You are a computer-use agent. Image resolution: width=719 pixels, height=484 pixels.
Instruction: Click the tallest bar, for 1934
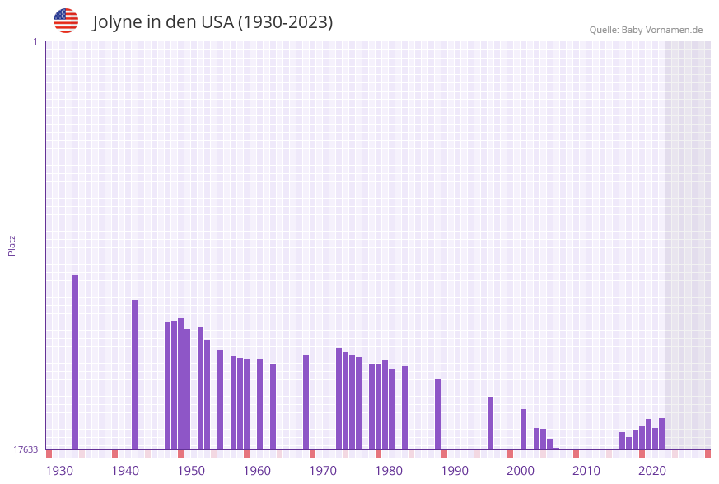[x=75, y=362]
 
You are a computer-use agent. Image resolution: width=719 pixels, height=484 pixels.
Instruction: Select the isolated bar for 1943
[x=134, y=374]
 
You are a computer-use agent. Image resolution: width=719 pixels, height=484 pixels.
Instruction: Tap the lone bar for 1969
[x=306, y=402]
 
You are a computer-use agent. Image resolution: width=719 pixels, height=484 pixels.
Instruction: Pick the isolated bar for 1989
[x=437, y=414]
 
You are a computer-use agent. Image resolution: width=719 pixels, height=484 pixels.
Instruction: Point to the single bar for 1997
[x=490, y=423]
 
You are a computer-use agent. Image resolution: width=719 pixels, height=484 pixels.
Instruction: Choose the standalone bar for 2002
[x=523, y=429]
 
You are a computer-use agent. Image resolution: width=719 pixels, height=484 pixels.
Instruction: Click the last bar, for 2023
[x=661, y=434]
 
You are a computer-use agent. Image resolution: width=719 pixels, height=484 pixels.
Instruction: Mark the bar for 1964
[x=273, y=406]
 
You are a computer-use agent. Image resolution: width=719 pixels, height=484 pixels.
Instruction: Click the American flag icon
[x=66, y=21]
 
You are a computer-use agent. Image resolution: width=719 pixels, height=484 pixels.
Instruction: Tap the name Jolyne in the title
[x=119, y=22]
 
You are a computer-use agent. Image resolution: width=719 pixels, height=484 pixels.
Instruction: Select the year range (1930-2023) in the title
[x=285, y=22]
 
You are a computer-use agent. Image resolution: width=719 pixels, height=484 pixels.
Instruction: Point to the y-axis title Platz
[x=12, y=245]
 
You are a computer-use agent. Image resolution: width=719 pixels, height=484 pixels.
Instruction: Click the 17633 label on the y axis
[x=26, y=449]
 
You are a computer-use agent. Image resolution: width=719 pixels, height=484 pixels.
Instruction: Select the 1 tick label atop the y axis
[x=35, y=41]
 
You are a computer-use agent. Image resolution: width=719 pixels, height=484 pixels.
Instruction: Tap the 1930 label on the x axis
[x=58, y=471]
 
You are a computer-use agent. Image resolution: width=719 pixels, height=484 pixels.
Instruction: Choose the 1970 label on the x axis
[x=323, y=471]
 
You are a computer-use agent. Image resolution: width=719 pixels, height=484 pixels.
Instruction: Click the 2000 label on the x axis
[x=521, y=471]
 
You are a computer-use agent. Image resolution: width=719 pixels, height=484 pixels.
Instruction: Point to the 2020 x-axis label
[x=652, y=471]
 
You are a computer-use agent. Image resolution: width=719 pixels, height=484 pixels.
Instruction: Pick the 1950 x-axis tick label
[x=191, y=471]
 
